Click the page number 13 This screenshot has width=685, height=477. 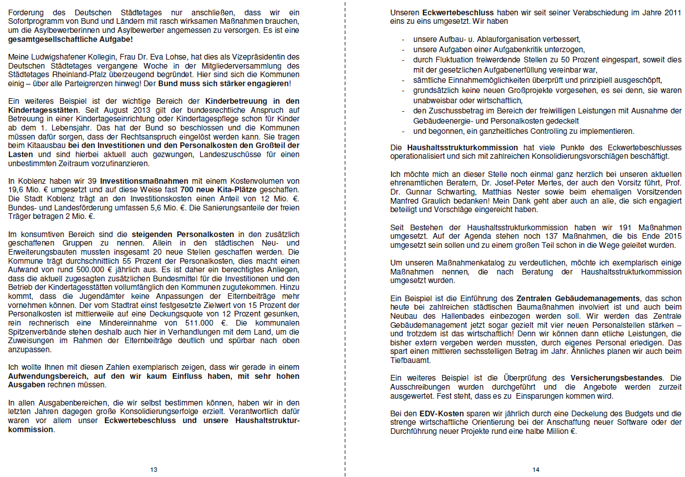154,470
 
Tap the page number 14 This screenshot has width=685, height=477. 536,470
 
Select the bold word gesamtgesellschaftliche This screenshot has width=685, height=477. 54,39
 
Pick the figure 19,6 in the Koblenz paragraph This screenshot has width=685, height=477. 16,189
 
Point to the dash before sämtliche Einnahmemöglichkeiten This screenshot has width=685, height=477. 403,80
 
